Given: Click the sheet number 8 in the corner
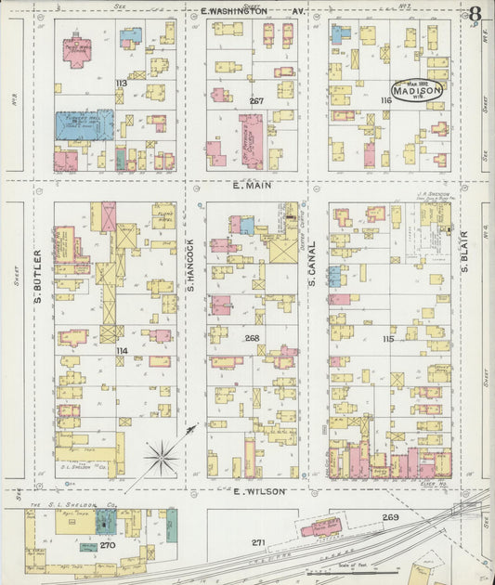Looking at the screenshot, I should point(475,14).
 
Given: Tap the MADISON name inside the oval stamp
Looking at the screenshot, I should point(415,92).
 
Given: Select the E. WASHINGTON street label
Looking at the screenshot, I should point(234,11).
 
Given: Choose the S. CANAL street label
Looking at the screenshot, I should point(313,261).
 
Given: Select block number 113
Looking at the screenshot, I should point(121,84).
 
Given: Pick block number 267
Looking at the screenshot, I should point(256,100).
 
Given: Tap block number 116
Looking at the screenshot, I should point(384,99).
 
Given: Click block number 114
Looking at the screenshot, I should point(121,350).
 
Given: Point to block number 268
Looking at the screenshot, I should point(252,339).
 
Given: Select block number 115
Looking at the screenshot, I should point(387,339).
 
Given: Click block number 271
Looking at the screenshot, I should point(259,541).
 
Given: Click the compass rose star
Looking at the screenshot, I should point(162,457).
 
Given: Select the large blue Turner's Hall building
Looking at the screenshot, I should point(84,125).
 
